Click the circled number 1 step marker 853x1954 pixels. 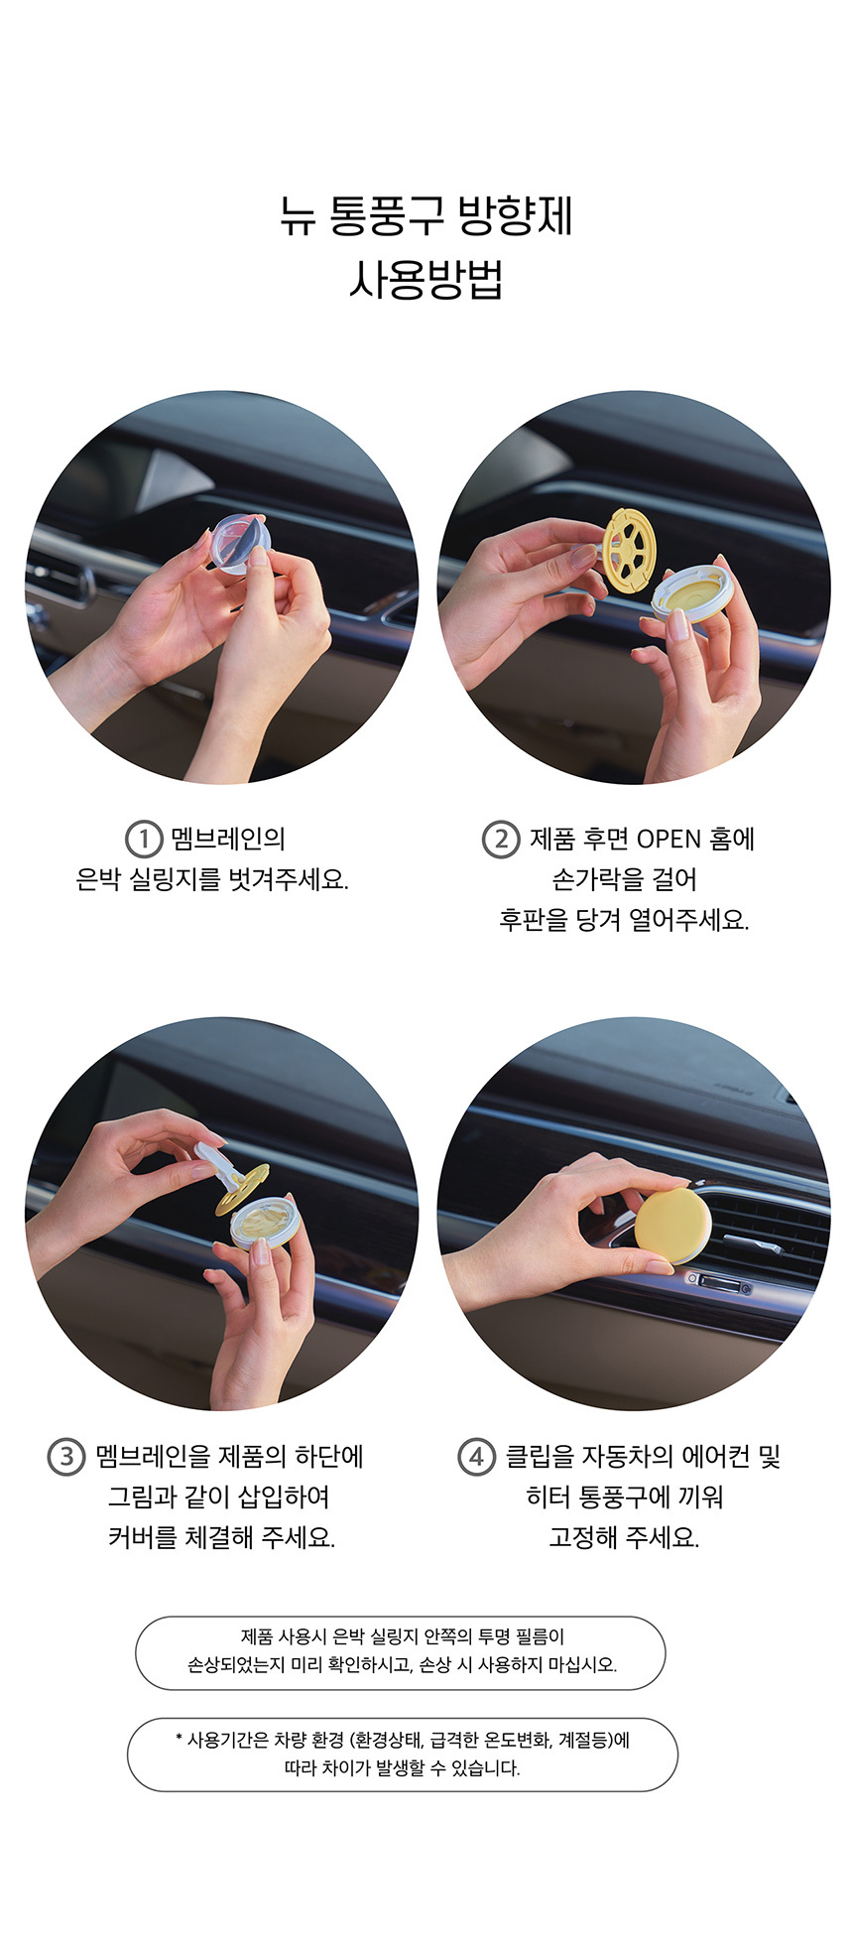coord(144,839)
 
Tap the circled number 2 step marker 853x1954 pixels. coord(501,839)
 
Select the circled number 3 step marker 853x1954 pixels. coord(66,1457)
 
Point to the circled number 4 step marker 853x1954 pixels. coord(476,1457)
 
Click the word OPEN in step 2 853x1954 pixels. coord(669,840)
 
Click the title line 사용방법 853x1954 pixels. coord(426,279)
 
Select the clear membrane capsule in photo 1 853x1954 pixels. coord(239,543)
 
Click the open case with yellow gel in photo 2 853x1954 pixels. coord(688,592)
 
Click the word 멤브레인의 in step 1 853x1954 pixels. coord(228,840)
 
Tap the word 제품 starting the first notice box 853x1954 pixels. coord(257,1637)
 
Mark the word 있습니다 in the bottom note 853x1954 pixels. coord(485,1768)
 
